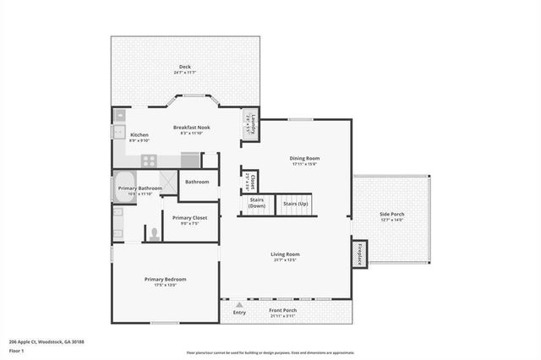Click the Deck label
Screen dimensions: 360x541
(184, 67)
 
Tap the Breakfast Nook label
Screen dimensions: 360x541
(192, 128)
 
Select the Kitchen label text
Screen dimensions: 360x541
(139, 135)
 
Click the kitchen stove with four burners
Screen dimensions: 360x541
(149, 160)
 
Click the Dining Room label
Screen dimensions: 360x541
(305, 158)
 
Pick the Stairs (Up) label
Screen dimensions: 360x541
(295, 204)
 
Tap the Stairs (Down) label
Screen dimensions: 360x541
(256, 204)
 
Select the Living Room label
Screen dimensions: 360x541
(285, 254)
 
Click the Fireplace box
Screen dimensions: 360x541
(359, 254)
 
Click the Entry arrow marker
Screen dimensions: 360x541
(240, 304)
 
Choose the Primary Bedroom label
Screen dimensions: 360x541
(165, 280)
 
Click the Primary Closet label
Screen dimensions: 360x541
(189, 218)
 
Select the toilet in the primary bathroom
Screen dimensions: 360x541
(154, 233)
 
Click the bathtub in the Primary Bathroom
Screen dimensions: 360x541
(119, 187)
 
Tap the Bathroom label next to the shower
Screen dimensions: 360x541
(198, 182)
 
